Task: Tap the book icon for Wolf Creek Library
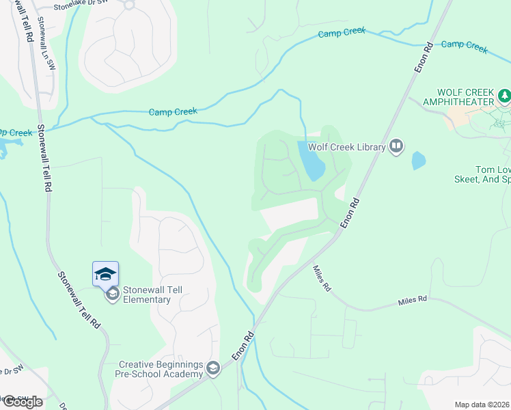pyautogui.click(x=396, y=146)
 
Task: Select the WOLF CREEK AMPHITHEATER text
pyautogui.click(x=467, y=97)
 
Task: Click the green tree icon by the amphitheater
pyautogui.click(x=504, y=96)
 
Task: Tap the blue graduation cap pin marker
pyautogui.click(x=105, y=274)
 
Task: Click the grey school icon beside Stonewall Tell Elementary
pyautogui.click(x=111, y=295)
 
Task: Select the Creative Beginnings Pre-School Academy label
pyautogui.click(x=162, y=369)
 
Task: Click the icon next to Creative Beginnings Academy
pyautogui.click(x=212, y=369)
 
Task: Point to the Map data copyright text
pyautogui.click(x=482, y=405)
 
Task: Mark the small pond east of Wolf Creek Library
pyautogui.click(x=418, y=161)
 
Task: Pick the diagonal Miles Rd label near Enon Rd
pyautogui.click(x=321, y=279)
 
